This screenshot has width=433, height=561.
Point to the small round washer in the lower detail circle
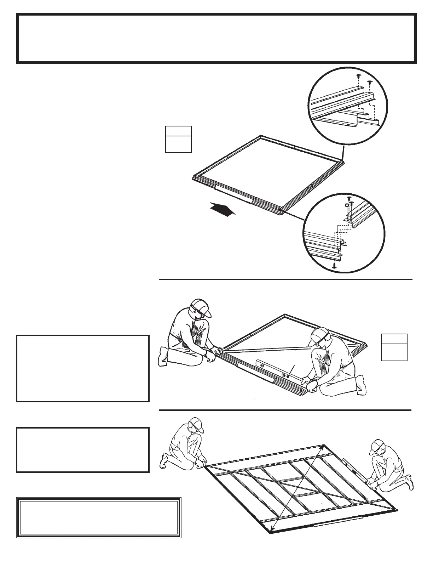[x=347, y=205]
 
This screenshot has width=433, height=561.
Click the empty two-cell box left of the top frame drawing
[x=179, y=139]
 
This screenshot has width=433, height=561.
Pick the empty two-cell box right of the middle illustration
[x=394, y=347]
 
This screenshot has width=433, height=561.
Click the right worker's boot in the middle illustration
[x=362, y=385]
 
